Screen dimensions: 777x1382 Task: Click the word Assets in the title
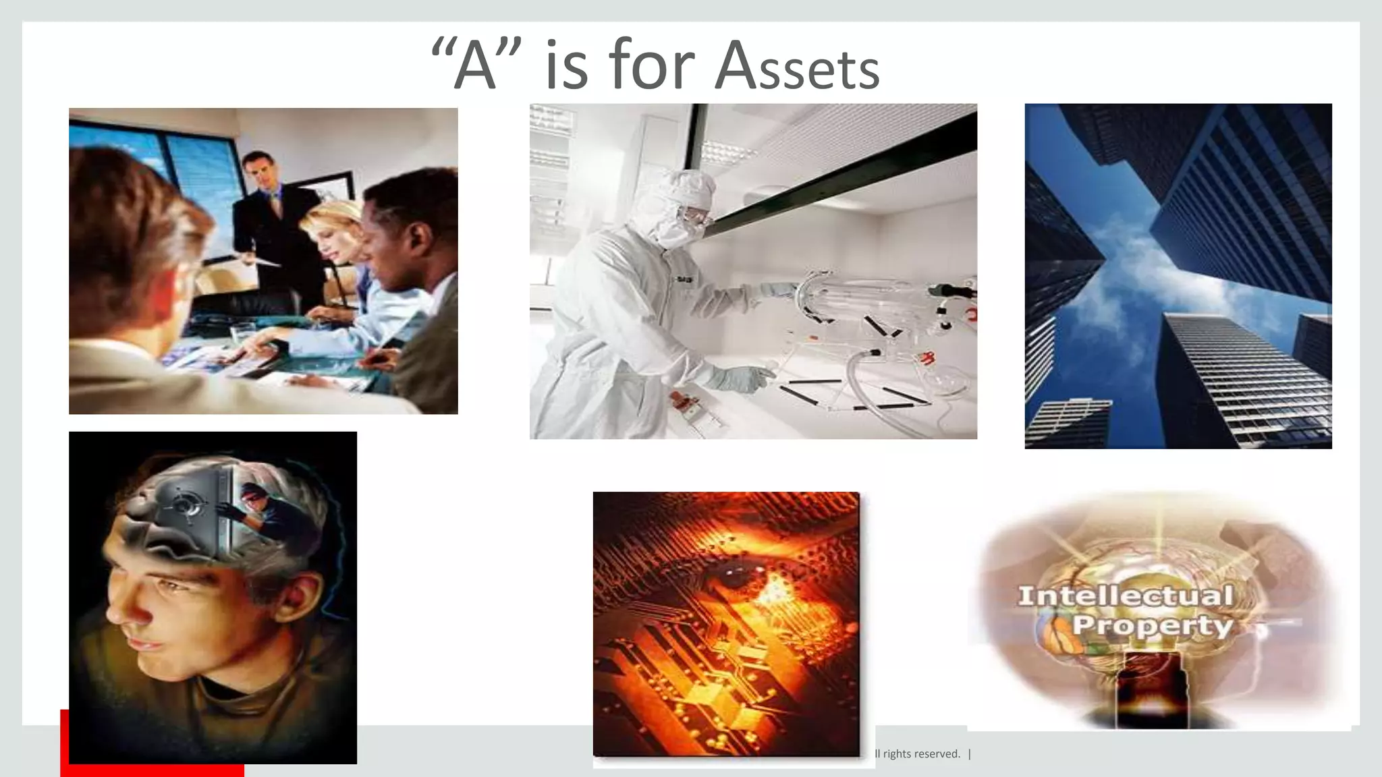click(x=797, y=67)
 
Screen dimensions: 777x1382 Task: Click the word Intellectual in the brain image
click(x=1125, y=596)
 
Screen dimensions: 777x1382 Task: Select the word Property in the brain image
click(x=1152, y=625)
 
